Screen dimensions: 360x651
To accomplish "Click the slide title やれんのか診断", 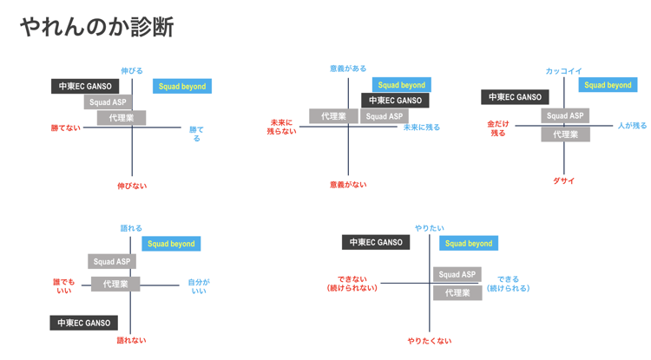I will coord(96,27).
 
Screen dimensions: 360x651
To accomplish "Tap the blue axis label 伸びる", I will coord(132,71).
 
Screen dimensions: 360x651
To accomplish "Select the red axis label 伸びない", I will coord(132,186).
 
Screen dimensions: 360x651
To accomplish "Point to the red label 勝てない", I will coord(65,128).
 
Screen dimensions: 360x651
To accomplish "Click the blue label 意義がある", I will coord(348,69).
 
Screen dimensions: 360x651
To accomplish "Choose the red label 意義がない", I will coord(348,185).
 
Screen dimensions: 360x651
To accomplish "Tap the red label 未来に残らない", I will coord(283,127).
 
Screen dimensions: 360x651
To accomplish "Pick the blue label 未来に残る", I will coord(422,128).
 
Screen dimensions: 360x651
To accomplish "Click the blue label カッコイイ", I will coord(563,71).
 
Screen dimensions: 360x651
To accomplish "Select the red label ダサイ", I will coord(564,180).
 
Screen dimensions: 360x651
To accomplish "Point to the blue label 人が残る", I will coord(632,126).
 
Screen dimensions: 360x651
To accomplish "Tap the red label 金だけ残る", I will coord(497,128).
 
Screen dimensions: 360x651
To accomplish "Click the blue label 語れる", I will coord(131,229).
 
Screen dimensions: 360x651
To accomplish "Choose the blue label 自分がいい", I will coord(199,286).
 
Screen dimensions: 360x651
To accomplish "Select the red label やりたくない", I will coord(430,341).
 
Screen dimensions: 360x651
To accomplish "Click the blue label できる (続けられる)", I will coord(508,284).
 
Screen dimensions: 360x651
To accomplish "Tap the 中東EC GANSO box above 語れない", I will coord(84,323).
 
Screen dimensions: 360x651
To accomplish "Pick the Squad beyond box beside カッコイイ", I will coord(608,85).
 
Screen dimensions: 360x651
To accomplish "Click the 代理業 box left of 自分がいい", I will coord(115,284).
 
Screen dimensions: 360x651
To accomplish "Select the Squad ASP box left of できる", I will coord(457,274).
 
